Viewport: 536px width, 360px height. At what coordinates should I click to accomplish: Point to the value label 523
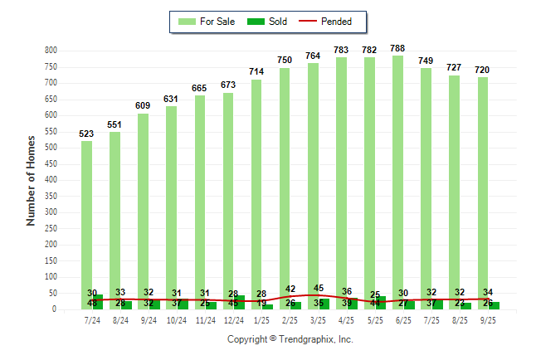(86, 134)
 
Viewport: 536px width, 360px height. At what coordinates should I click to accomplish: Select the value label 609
(143, 106)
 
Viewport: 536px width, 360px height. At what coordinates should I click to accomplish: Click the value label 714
(256, 72)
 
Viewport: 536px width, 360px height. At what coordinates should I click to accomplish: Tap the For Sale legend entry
(209, 22)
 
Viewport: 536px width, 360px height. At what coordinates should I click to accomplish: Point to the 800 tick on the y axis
(51, 51)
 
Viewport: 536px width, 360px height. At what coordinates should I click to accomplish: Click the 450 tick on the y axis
(51, 164)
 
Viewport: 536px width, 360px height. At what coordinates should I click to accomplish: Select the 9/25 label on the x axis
(488, 319)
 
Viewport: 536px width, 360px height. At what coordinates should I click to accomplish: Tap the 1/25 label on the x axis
(262, 319)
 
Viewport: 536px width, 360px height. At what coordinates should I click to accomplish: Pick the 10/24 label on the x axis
(177, 319)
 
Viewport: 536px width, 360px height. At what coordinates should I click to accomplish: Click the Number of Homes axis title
(32, 180)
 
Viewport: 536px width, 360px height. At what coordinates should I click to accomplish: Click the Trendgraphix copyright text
(290, 339)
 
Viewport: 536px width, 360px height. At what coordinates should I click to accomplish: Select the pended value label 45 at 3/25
(319, 289)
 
